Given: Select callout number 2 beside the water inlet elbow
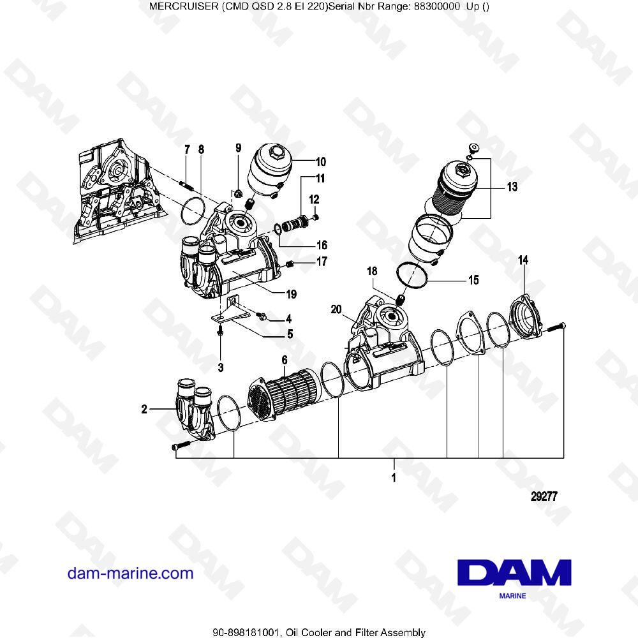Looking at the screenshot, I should (x=144, y=410).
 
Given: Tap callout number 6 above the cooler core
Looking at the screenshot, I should (x=285, y=361).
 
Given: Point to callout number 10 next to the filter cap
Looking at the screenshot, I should (x=320, y=161).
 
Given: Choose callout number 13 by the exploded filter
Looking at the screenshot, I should (x=512, y=187).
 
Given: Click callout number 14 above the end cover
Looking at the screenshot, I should (x=523, y=260).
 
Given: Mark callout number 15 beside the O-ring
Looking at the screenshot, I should (x=473, y=280).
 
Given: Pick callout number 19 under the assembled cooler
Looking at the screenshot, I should (x=291, y=294).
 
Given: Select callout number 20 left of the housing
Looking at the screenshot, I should (x=336, y=309).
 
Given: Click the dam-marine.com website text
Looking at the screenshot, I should (x=130, y=573).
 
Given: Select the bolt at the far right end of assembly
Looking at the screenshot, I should (x=558, y=325).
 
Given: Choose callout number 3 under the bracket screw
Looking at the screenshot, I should (x=220, y=367).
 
